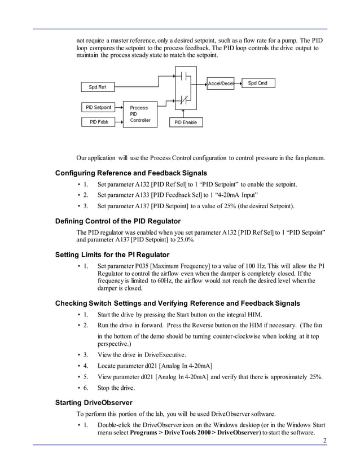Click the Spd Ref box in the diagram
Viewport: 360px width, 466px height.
coord(97,87)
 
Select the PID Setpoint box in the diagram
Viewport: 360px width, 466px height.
coord(98,107)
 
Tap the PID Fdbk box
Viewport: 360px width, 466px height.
coord(98,121)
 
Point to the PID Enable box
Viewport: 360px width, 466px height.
coord(185,122)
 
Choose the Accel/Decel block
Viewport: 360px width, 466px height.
coord(221,83)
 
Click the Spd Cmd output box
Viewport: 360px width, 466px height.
coord(258,83)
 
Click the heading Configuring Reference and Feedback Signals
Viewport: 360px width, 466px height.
coord(131,173)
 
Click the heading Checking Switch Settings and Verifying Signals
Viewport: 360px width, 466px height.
coord(177,304)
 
